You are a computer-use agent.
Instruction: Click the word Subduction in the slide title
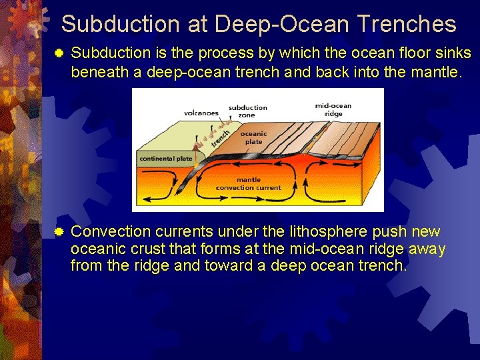tap(121, 25)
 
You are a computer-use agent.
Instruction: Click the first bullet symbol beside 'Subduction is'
tap(59, 53)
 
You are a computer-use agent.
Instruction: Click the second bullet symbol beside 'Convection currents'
tap(59, 232)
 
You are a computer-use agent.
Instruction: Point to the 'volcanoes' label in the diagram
tap(201, 113)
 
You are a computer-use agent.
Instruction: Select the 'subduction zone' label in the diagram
tap(247, 111)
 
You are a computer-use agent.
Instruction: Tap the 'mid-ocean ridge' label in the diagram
tap(333, 109)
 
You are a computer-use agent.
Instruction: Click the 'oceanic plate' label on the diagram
tap(253, 137)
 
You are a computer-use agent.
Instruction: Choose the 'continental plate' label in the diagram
tap(165, 159)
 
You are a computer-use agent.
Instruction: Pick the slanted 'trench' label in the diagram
tap(221, 138)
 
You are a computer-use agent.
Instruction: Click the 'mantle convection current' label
tap(249, 183)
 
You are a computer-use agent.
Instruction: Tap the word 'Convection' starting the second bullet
tap(111, 232)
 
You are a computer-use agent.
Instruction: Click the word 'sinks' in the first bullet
tap(455, 53)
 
